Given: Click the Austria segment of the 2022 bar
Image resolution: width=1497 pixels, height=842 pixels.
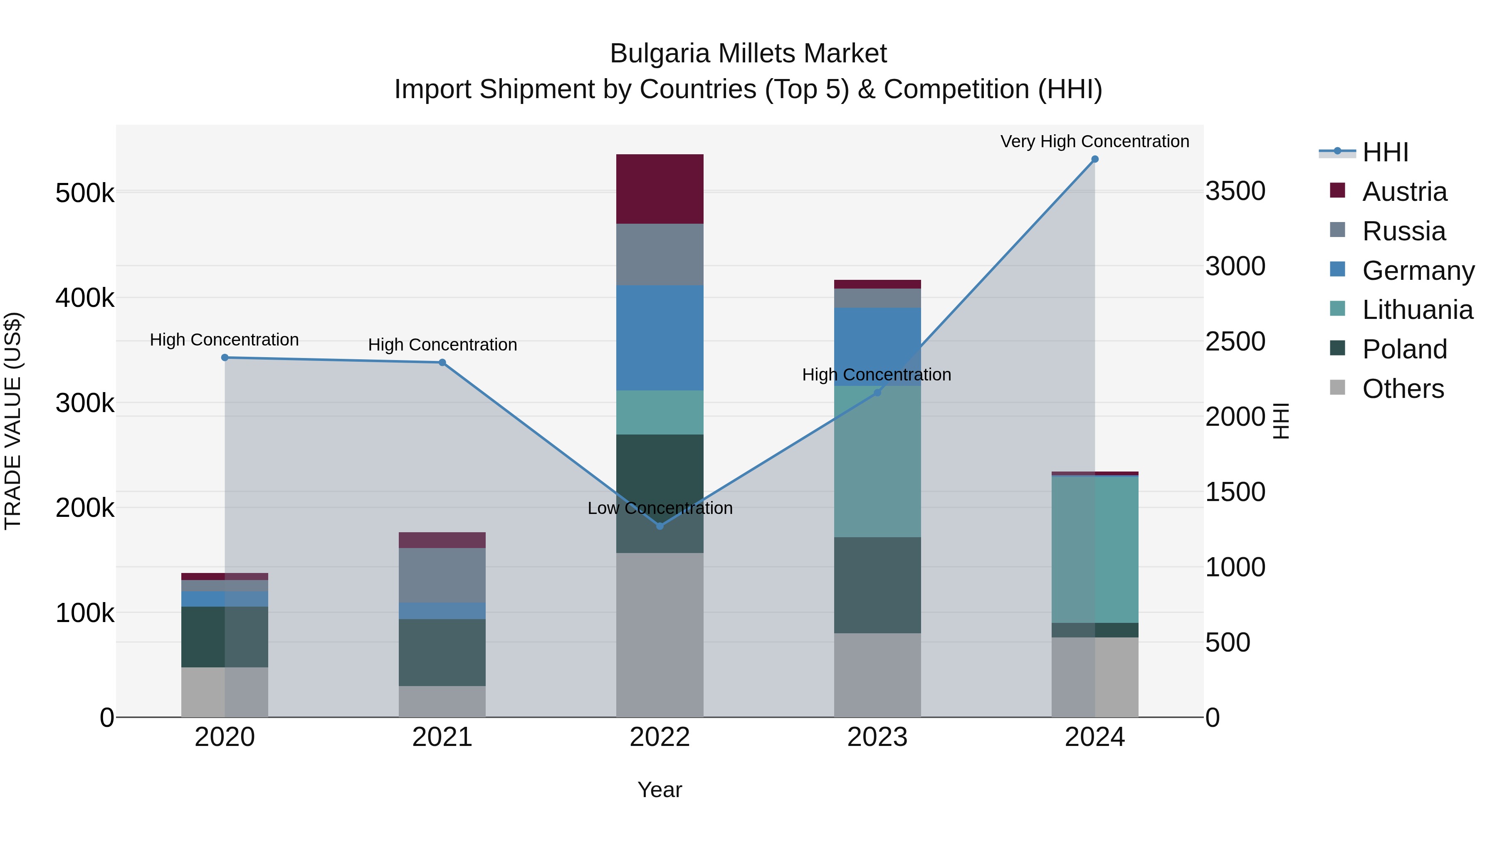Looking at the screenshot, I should coord(660,189).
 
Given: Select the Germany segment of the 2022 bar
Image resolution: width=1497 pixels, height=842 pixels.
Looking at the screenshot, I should coord(660,338).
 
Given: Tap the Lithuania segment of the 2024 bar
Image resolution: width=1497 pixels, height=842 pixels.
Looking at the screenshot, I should coord(1095,550).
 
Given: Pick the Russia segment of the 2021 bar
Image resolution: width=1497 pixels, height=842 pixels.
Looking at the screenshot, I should coord(442,575).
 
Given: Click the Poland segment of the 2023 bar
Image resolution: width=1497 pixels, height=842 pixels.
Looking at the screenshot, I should coord(877,585).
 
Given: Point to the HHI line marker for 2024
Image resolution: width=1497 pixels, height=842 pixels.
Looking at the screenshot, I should coord(1095,159).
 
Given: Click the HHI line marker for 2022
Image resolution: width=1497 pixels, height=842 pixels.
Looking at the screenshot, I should coord(660,526).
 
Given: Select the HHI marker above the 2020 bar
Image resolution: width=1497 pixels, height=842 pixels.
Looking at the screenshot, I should coord(225,357).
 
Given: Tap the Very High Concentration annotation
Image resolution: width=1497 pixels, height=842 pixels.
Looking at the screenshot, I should coord(1094,141).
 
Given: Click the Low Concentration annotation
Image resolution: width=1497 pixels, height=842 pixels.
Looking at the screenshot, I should coord(660,508).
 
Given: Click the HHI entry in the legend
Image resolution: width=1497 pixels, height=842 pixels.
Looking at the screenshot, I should coord(1385,152).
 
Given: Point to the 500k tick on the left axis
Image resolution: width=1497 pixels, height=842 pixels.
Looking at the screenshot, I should coord(85,193).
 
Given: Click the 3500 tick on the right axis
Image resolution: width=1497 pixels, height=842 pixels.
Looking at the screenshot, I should coord(1235,191).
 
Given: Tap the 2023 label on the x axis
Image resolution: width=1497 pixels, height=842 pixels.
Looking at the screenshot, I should coord(877,737).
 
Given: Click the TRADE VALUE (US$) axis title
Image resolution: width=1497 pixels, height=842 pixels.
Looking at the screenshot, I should coord(13,421).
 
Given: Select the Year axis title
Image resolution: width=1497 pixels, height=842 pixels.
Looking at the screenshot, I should coord(660,790).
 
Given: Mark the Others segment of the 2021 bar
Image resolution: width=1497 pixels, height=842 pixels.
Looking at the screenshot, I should coord(442,701).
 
